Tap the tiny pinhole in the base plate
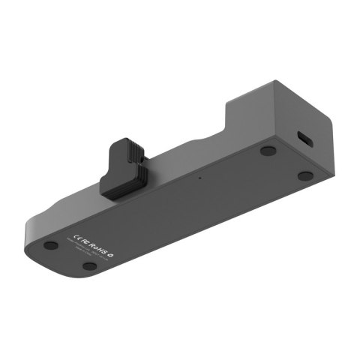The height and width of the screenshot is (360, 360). point(199,178)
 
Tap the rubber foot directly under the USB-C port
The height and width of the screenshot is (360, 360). point(304,175)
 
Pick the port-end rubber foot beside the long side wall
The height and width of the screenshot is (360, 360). point(268,150)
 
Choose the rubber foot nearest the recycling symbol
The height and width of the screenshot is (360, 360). point(89,265)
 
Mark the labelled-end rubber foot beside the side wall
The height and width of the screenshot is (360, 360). point(50,245)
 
